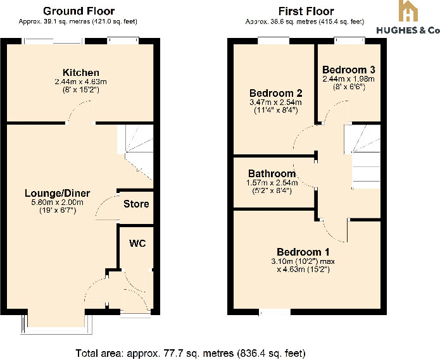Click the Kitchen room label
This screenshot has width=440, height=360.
(80, 73)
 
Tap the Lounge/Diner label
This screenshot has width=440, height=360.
(57, 193)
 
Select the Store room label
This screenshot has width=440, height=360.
(136, 204)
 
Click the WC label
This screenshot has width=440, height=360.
(137, 244)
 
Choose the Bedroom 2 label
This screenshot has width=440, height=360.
(272, 93)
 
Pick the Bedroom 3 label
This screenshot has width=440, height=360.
(348, 70)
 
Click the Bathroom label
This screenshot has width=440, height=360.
(272, 173)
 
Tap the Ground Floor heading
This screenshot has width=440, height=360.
(79, 11)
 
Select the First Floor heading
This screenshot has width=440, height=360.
(306, 11)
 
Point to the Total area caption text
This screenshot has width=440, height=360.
(190, 352)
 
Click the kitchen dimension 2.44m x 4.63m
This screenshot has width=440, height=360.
(80, 82)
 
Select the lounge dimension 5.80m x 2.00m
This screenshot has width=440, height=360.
(57, 202)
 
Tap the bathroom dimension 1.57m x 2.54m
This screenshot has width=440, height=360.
(272, 183)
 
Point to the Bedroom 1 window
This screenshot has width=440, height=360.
(275, 312)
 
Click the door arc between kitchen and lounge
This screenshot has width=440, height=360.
(81, 114)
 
